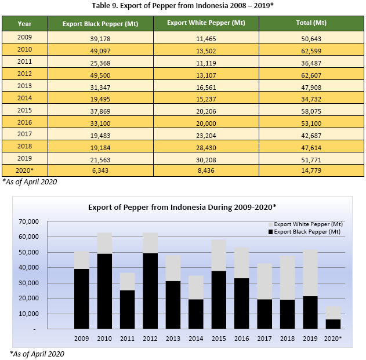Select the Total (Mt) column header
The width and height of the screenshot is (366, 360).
point(311,24)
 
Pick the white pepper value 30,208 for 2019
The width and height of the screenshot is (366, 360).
point(206,158)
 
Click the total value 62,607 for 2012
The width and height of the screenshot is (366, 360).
point(311,75)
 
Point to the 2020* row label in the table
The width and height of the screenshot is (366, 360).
point(25,170)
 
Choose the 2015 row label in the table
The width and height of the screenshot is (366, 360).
point(24,111)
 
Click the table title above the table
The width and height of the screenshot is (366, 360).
point(183,6)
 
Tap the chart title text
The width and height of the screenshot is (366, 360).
point(182,207)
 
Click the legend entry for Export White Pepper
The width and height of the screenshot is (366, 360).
point(307,224)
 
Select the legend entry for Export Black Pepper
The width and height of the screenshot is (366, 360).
point(307,232)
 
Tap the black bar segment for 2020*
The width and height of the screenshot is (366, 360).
point(333,324)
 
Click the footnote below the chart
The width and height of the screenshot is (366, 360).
point(37,354)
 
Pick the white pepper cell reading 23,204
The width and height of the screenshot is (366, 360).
point(206,134)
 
